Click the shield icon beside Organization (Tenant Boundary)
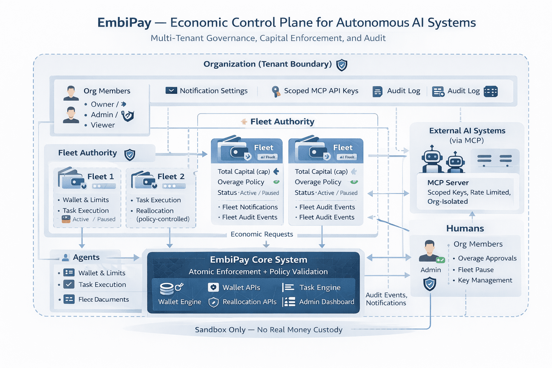coord(341,65)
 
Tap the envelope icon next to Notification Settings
coord(171,91)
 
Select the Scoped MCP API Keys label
coord(321,91)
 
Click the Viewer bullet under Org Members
coord(102,125)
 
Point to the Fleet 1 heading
coord(100,176)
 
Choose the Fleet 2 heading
coord(171,176)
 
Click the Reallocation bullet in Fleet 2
coord(155,211)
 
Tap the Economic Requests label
coord(262,234)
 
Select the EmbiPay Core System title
coord(258,259)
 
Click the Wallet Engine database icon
coord(167,288)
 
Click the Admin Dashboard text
coord(326,302)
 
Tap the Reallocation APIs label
coord(249,302)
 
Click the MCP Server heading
coord(448,183)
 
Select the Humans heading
coord(465,229)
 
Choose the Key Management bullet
coord(485,280)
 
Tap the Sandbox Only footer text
coord(268,330)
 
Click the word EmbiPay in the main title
coord(124,23)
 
